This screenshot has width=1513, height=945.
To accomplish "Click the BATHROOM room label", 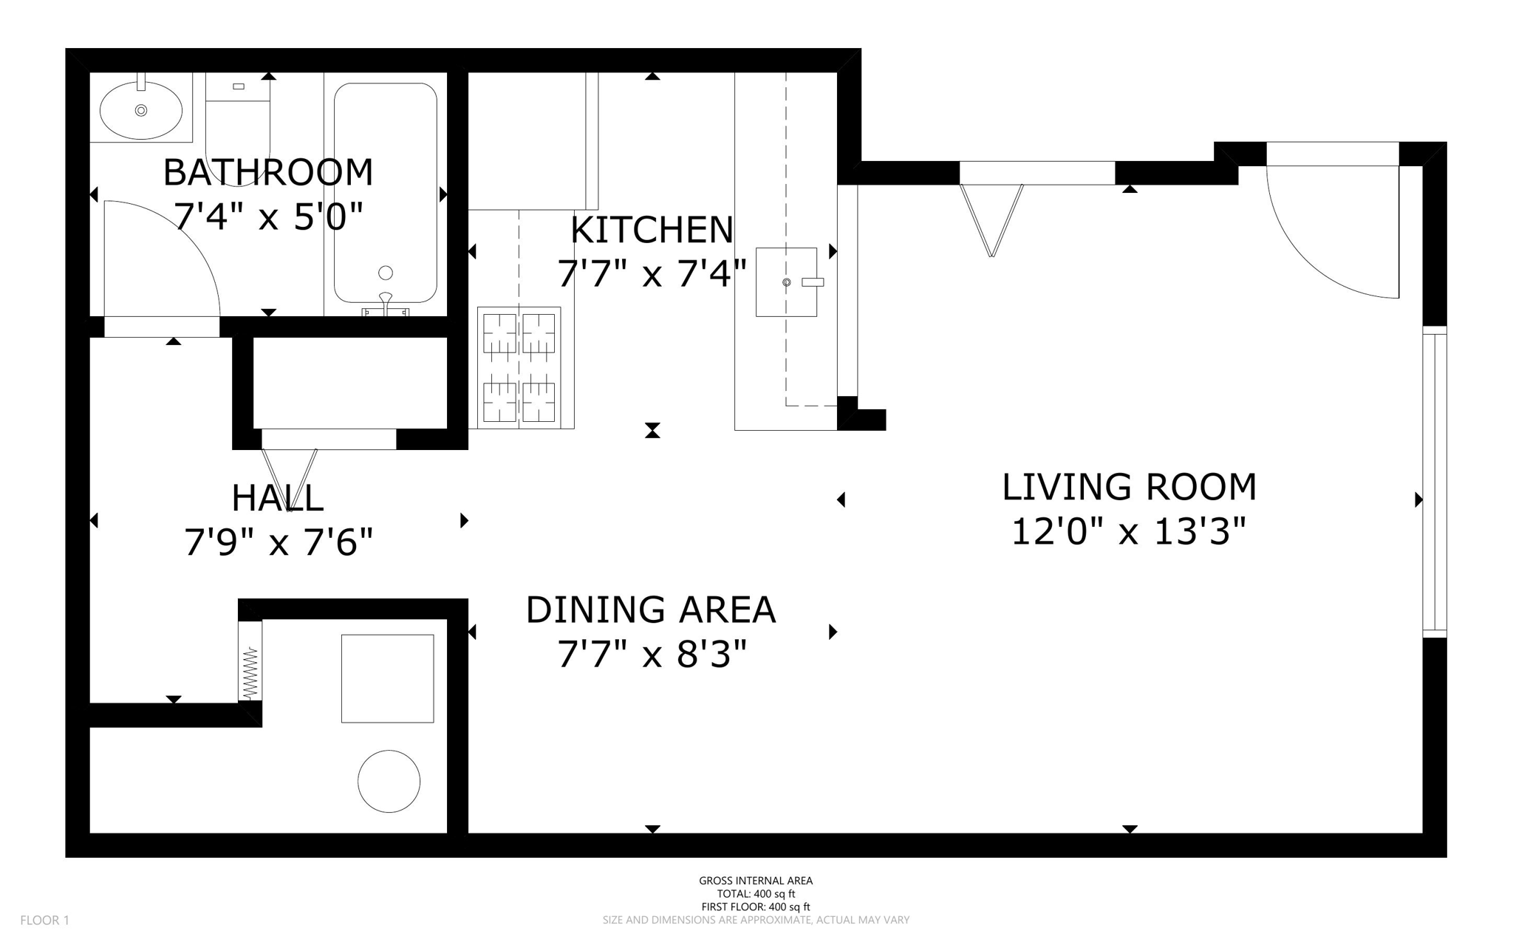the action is tap(267, 172).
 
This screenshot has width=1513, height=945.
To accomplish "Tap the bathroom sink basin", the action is tap(140, 110).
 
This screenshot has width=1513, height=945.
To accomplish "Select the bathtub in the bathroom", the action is tap(385, 193).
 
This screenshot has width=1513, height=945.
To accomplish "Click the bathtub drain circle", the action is tap(385, 273).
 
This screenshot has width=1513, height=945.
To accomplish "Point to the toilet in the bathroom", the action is tap(238, 126).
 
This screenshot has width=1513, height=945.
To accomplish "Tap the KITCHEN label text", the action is tap(652, 230).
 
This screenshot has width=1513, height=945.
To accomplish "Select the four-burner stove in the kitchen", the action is tap(519, 367).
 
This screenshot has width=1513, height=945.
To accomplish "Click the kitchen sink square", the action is tap(786, 282).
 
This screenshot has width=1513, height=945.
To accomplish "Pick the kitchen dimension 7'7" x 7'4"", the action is tap(652, 273).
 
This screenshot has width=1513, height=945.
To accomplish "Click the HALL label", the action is tap(277, 498).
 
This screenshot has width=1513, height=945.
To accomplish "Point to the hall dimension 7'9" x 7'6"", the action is tap(278, 542).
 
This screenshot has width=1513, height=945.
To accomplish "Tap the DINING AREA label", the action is tap(651, 610).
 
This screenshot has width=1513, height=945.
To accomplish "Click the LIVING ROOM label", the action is tap(1129, 487).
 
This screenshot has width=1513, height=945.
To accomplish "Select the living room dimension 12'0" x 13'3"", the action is tap(1129, 531).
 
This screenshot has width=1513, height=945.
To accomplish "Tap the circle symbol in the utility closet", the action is tap(389, 781).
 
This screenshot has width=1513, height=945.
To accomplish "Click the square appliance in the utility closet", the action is tap(387, 678).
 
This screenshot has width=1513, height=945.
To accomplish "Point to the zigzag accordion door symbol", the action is tap(250, 672).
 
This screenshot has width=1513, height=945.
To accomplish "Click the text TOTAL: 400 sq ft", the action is tap(756, 893).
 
